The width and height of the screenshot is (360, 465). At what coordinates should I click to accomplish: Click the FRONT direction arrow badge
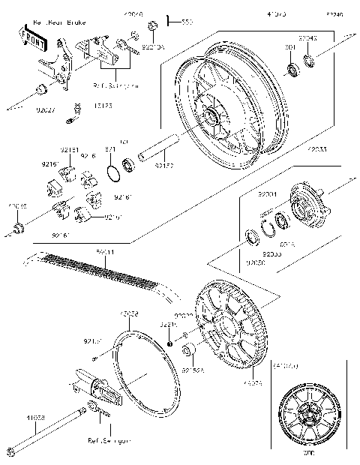[x=32, y=37]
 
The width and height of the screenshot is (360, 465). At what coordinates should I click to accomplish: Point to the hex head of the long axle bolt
[x=11, y=451]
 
